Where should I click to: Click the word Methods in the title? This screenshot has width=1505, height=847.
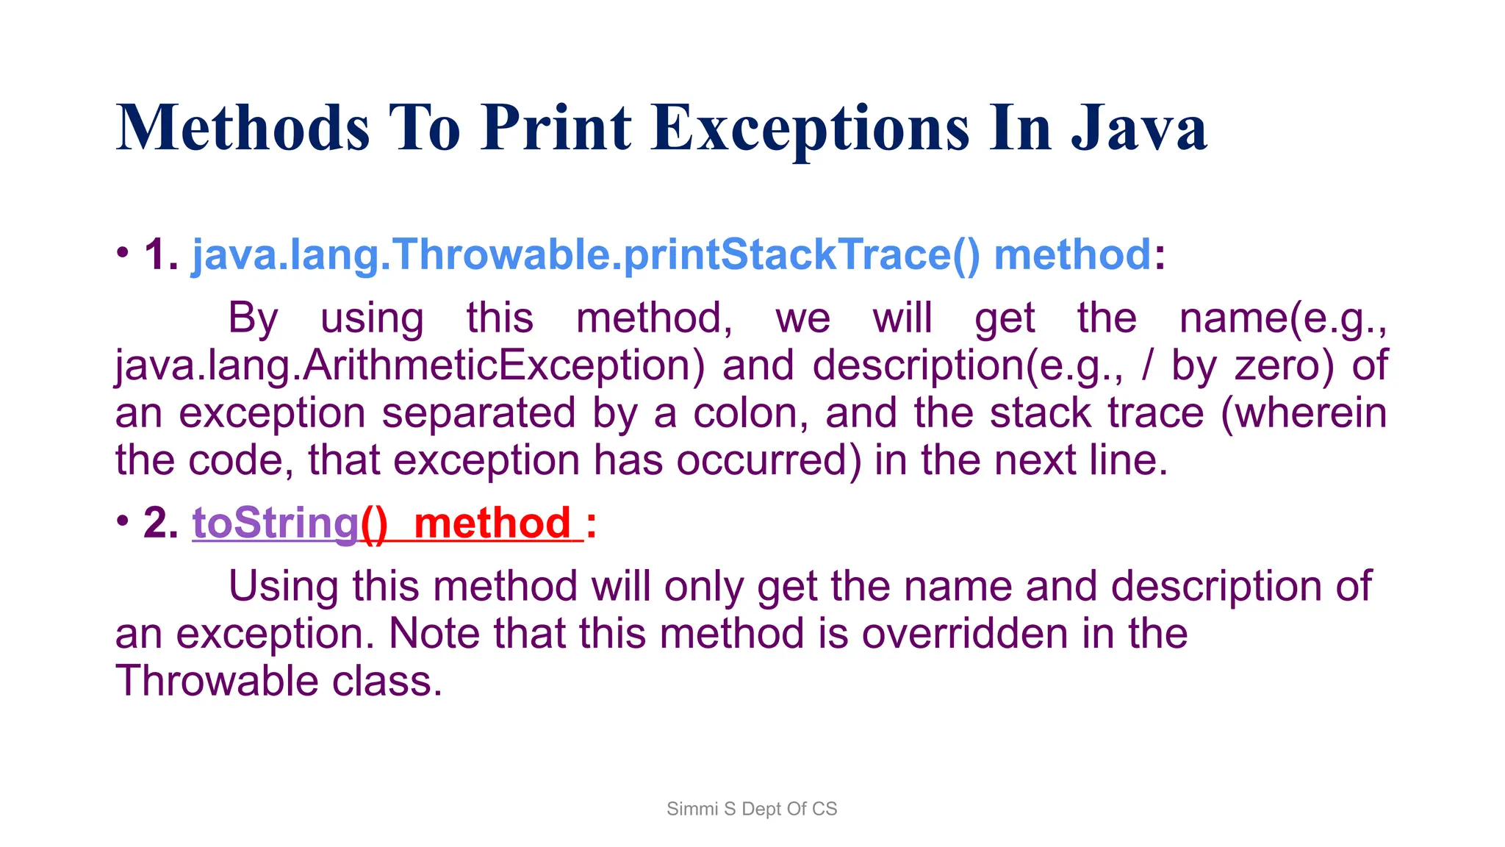click(x=243, y=129)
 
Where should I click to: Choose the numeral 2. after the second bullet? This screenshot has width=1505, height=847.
click(x=161, y=523)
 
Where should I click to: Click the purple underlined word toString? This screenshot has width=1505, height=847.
click(x=276, y=523)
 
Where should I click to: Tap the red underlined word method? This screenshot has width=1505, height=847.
click(x=492, y=523)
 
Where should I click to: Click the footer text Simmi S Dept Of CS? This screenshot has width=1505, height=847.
click(x=752, y=809)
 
